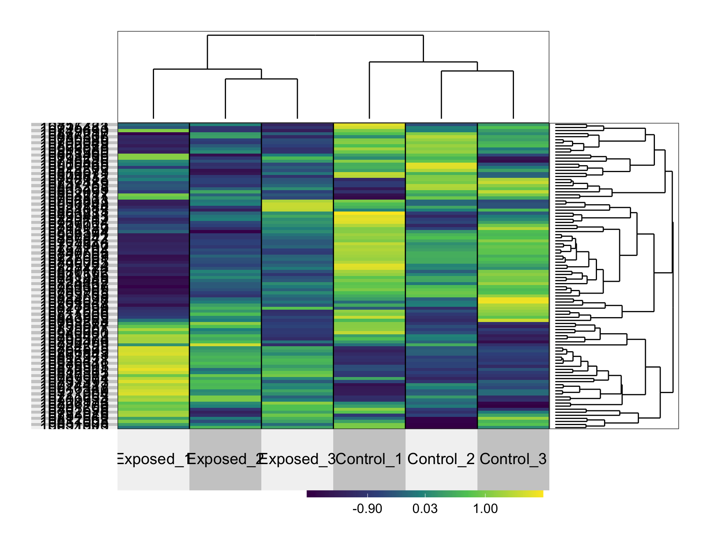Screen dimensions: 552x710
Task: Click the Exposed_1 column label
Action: point(153,459)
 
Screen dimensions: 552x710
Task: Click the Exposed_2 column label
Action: point(225,459)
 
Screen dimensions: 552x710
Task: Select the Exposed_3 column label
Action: point(297,459)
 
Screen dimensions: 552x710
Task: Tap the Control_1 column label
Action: point(369,459)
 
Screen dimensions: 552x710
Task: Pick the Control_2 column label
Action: point(441,459)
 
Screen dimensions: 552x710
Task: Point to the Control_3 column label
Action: point(513,459)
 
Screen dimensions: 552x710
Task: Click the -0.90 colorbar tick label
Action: point(367,509)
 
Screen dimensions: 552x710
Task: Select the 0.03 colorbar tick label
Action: point(425,509)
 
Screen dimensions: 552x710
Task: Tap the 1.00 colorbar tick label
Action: point(485,509)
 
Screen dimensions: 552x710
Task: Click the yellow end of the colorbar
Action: point(539,494)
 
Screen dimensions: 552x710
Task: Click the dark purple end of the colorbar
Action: point(311,494)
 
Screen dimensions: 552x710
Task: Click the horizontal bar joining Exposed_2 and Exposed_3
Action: point(261,79)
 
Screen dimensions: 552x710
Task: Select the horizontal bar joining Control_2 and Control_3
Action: point(477,71)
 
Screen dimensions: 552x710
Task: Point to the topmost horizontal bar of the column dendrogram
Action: point(315,35)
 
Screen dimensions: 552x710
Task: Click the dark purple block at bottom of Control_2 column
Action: point(441,423)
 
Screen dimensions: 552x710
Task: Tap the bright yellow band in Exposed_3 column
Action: point(297,205)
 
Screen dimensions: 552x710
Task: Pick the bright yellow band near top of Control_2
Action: point(441,166)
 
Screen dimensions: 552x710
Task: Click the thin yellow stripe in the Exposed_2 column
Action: point(225,345)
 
